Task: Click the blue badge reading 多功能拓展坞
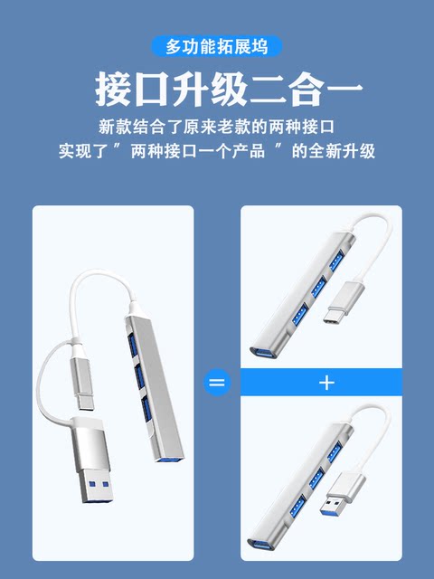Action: [x=217, y=45]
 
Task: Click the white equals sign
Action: [x=217, y=383]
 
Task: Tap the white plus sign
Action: [x=327, y=383]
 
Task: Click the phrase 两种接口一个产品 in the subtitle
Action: [x=200, y=151]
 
